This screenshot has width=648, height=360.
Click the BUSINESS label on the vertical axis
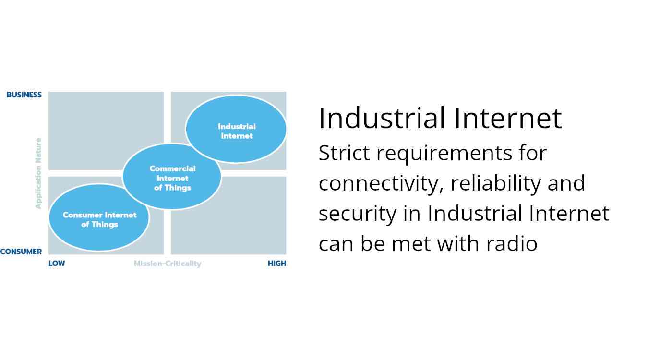point(24,95)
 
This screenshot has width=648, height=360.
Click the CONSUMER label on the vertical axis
point(21,252)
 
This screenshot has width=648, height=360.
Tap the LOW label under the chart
point(57,264)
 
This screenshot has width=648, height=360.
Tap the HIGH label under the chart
point(277,264)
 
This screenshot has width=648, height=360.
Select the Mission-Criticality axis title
point(168,264)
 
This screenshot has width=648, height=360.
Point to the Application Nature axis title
point(38,173)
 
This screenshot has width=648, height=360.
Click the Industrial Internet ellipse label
point(237,131)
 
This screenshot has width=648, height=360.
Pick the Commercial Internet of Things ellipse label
point(172,178)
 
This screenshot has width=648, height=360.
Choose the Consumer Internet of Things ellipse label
point(99,220)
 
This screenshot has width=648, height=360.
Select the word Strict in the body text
point(344,153)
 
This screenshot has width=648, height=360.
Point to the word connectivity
point(381,184)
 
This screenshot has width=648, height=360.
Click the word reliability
point(496,184)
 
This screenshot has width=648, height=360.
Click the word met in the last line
point(411,244)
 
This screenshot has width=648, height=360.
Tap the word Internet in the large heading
point(508,118)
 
